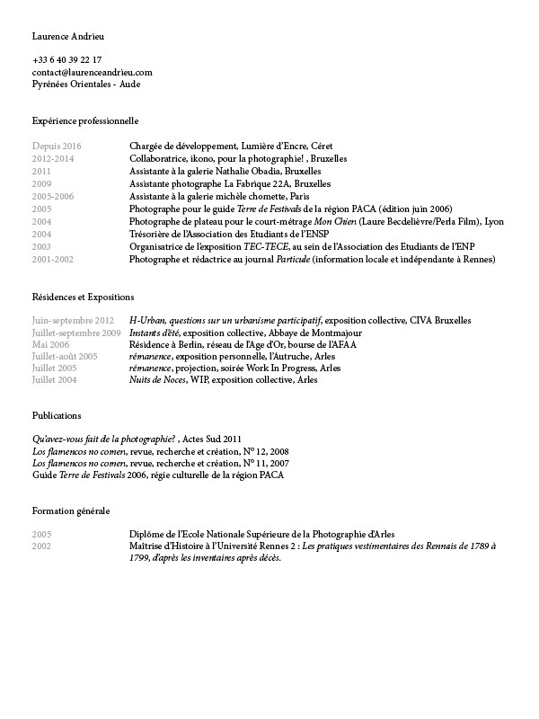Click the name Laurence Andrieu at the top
tap(68, 36)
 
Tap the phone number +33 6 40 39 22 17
tap(66, 59)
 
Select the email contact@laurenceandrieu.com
tap(92, 72)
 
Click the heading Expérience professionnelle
tap(85, 120)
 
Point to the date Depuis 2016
tap(57, 146)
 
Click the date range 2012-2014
tap(53, 157)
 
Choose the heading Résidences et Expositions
tap(83, 296)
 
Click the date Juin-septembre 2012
tap(73, 321)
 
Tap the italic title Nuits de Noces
tap(158, 380)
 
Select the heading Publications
tap(57, 416)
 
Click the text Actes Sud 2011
tap(212, 439)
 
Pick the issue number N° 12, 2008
tap(265, 450)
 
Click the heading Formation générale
tap(71, 510)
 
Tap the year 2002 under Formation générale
tap(41, 546)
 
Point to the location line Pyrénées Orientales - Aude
tap(86, 84)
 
